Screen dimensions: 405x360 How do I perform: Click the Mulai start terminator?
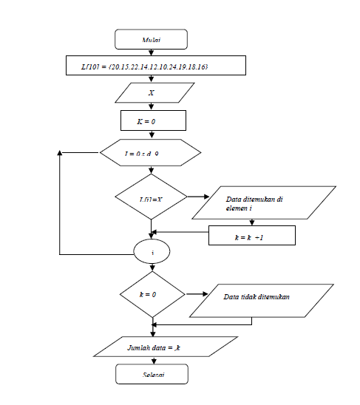[x=151, y=38]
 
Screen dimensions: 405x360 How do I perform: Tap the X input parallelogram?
[x=151, y=94]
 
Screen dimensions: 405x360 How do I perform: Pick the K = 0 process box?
[x=152, y=120]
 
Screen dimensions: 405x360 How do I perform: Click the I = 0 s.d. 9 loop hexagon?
[x=151, y=153]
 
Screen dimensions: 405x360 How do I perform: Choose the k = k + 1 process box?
[x=252, y=236]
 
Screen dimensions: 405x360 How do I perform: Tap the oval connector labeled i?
[x=152, y=251]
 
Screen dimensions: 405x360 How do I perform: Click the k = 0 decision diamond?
[x=151, y=293]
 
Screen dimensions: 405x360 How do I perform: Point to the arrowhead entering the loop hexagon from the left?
[x=95, y=153]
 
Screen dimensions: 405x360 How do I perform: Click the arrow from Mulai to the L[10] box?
[x=151, y=52]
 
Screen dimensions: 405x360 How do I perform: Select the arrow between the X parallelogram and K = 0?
[x=151, y=106]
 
